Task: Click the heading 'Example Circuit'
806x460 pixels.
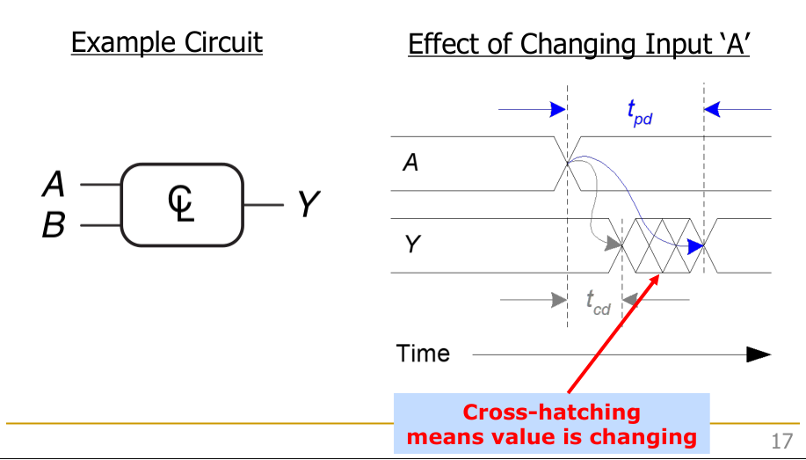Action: [166, 42]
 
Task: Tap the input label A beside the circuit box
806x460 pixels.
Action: [54, 185]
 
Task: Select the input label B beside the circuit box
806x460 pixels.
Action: [54, 226]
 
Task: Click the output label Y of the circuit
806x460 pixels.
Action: [306, 205]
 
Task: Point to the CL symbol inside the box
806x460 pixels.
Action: [181, 204]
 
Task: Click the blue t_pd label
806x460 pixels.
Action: [638, 112]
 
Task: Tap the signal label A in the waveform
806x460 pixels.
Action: [410, 162]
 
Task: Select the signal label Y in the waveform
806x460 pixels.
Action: [410, 245]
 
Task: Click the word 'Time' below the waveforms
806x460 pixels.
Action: [423, 354]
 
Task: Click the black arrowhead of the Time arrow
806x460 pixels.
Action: [759, 354]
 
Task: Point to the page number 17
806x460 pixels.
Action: [781, 441]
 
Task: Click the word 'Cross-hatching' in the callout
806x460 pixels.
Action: [551, 412]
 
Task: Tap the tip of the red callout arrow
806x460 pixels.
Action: [658, 275]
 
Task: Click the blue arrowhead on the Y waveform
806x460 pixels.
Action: [695, 246]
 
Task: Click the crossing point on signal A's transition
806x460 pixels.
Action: [568, 162]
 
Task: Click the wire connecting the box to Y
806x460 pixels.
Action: [264, 205]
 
